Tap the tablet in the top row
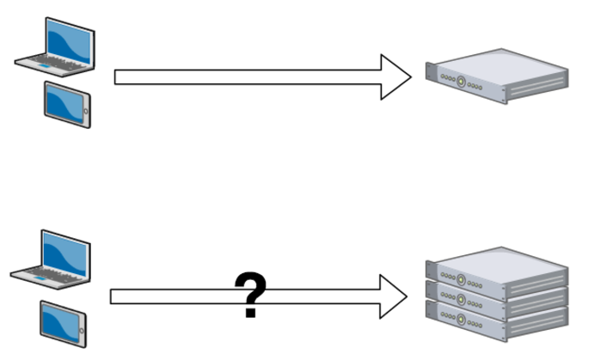[67, 104]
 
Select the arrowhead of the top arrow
[395, 77]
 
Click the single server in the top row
[496, 75]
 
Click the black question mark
[250, 295]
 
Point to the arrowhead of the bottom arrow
[392, 296]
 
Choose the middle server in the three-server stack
[496, 298]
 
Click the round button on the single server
[461, 82]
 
